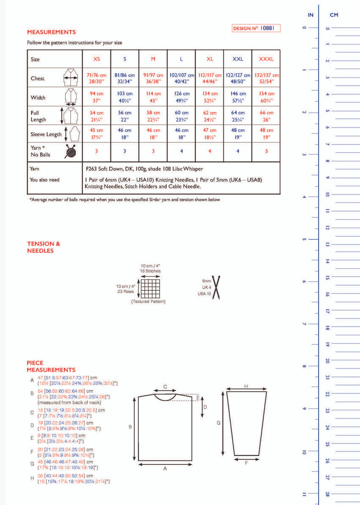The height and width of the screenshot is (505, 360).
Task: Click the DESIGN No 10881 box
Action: pos(256,28)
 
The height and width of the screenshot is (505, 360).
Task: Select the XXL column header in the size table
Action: pos(238,59)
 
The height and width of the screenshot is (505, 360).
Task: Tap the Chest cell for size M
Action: pos(153,78)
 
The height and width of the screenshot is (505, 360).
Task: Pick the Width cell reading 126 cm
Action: pos(181,97)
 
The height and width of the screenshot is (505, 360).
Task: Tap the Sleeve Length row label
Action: pos(46,134)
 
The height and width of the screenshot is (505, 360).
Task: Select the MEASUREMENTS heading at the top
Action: pos(51,32)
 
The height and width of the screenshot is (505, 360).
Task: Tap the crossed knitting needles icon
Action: pos(216,288)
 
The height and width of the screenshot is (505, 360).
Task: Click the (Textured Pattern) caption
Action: pos(148,302)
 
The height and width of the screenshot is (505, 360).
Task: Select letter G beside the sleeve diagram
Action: pos(218,423)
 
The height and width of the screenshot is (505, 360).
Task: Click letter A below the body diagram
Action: pos(165,468)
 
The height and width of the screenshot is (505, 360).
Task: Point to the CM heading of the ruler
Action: pos(334,15)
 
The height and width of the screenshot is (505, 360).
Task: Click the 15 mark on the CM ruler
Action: pos(327,278)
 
